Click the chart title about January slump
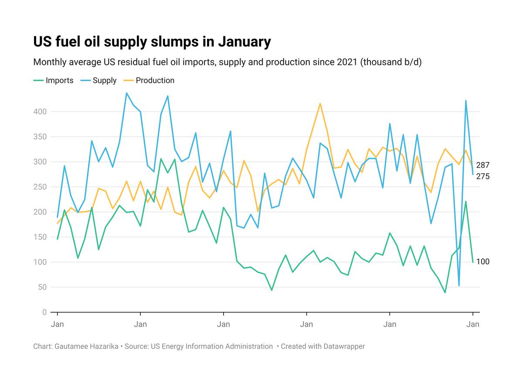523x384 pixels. click(x=152, y=42)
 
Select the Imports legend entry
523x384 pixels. click(x=59, y=80)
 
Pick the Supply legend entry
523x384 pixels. click(x=105, y=80)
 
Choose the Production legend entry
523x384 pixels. click(x=155, y=80)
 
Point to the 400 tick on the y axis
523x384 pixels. click(x=41, y=112)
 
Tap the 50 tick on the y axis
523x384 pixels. click(x=42, y=287)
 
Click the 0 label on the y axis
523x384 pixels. click(x=44, y=312)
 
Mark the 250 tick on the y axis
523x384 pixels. click(x=41, y=187)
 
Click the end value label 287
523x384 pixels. click(x=482, y=165)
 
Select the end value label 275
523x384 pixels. click(x=482, y=176)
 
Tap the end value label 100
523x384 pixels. click(x=482, y=262)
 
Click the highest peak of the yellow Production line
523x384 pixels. click(x=320, y=103)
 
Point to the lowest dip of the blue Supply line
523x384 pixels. click(x=459, y=285)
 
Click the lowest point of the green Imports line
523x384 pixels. click(x=445, y=292)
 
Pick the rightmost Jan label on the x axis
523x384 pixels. click(x=473, y=325)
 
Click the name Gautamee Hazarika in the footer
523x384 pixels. click(x=88, y=346)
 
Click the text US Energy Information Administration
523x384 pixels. click(x=211, y=346)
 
